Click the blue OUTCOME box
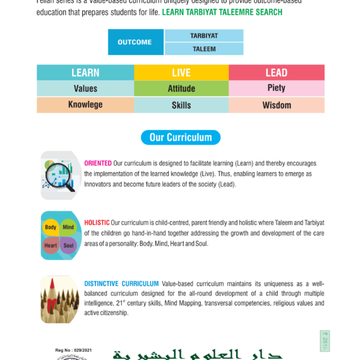135,42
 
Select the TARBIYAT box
204,35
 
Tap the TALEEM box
204,49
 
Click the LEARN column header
85,72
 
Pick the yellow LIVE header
181,72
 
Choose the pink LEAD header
277,72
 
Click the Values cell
85,88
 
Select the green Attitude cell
181,88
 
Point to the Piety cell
277,88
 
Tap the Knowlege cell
85,105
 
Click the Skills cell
181,105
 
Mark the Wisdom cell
277,105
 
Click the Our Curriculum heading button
181,137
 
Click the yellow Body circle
51,227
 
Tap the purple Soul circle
68,245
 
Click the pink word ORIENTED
98,164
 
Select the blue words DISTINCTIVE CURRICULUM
121,284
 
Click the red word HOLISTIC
97,223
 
